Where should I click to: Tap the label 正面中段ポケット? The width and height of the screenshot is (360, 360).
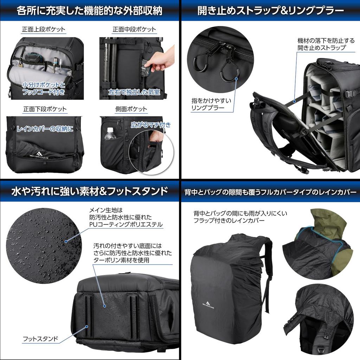coord(134,30)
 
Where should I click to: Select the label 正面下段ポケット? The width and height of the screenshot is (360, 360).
coord(45,109)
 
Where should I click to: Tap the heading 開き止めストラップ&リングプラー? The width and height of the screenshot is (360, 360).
coord(270,11)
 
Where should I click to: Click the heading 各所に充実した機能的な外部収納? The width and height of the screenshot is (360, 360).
coord(90,11)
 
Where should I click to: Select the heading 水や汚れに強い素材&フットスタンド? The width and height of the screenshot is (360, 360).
coord(90,191)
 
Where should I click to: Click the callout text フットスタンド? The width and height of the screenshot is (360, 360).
coord(40,339)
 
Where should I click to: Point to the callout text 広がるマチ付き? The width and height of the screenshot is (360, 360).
coord(151,124)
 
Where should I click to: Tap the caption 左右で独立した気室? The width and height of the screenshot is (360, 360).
coord(134,92)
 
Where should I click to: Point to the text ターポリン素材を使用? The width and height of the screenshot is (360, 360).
coord(121,260)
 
